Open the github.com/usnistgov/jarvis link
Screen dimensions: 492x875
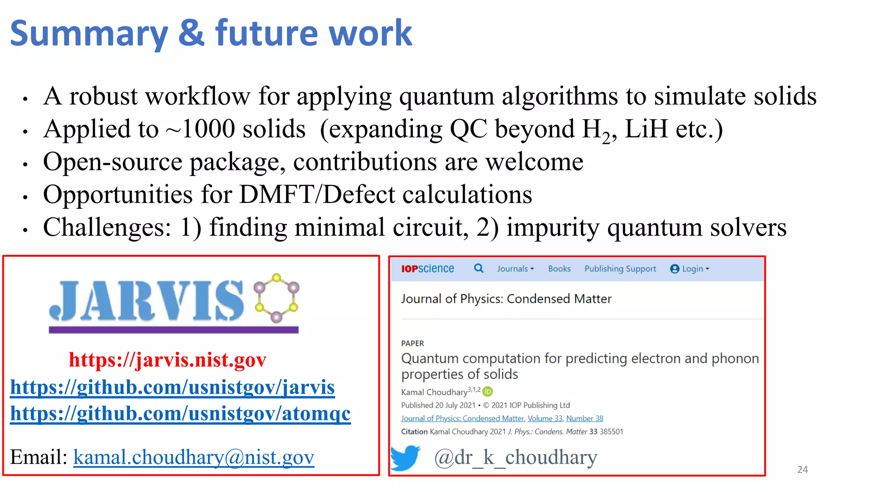tap(172, 387)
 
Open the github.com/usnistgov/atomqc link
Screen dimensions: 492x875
tap(180, 413)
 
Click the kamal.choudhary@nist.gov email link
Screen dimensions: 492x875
tap(194, 457)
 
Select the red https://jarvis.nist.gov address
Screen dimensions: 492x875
tap(167, 360)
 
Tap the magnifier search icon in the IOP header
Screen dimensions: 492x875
tap(479, 268)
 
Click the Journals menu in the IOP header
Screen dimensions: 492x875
tap(515, 269)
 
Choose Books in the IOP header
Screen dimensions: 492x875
tap(559, 269)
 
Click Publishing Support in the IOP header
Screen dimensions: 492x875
tap(620, 269)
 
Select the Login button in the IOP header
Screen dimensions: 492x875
tap(690, 269)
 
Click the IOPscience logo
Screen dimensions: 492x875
tap(427, 269)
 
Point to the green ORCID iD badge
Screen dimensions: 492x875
tap(487, 391)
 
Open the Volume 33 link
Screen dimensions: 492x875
tap(545, 419)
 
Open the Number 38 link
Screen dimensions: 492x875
tap(584, 419)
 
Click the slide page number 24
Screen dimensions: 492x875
tap(802, 470)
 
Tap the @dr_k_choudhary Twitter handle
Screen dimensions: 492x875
tap(515, 457)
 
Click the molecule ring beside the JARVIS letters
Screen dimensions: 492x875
tap(276, 298)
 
